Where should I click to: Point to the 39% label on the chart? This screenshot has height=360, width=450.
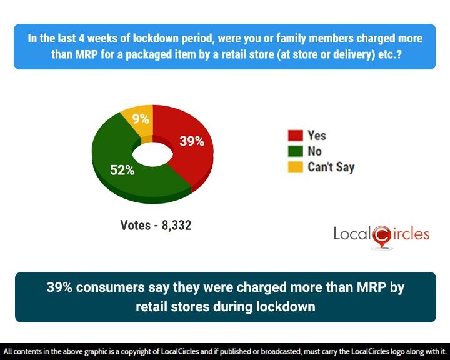pyautogui.click(x=192, y=141)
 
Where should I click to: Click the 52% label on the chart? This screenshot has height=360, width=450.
pyautogui.click(x=122, y=169)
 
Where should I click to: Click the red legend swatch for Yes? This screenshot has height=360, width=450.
pyautogui.click(x=295, y=136)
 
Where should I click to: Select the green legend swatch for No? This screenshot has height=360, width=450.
pyautogui.click(x=295, y=151)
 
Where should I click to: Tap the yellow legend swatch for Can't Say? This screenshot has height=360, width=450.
pyautogui.click(x=295, y=167)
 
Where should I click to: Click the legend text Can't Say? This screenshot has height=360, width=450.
pyautogui.click(x=331, y=167)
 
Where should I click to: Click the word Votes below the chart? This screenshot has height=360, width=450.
pyautogui.click(x=135, y=226)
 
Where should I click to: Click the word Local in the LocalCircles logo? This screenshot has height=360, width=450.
pyautogui.click(x=352, y=234)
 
